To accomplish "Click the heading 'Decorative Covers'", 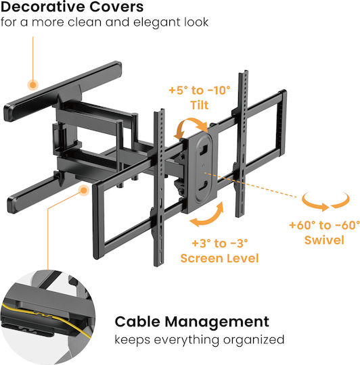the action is click(x=72, y=7).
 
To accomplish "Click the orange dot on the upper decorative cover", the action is click(x=33, y=85).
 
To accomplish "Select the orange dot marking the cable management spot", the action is click(x=84, y=191).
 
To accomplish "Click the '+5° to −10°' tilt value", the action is click(x=200, y=91).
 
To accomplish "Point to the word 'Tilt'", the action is click(x=200, y=105).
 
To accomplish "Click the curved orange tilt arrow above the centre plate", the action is click(x=190, y=127).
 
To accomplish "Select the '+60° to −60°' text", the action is click(x=324, y=225).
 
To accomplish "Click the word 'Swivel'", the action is click(x=324, y=240).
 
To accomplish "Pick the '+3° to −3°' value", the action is click(x=220, y=243).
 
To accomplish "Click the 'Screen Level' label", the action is click(x=220, y=258).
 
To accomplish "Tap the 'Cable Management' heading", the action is click(x=192, y=322).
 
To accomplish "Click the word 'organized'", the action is click(x=254, y=340).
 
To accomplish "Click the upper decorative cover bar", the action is click(x=62, y=91).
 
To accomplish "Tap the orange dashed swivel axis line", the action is click(x=251, y=185).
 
